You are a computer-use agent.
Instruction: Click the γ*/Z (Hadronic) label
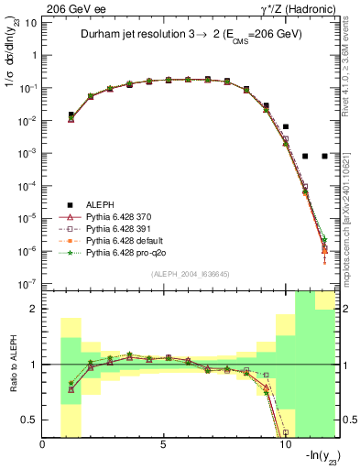[299, 8]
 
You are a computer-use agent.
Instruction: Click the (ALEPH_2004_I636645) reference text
[190, 275]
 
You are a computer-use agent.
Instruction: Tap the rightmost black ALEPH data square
[324, 156]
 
